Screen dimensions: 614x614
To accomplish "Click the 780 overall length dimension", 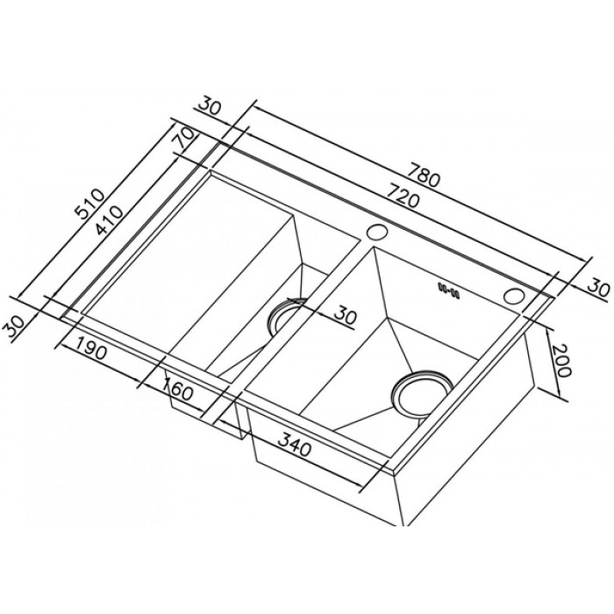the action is pos(424,175).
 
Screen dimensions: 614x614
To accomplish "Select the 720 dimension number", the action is pos(402,196).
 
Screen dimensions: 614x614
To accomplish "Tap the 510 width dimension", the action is pos(90,203).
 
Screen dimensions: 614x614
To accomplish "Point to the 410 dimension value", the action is pos(110,220).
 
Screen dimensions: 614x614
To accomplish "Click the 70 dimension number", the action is pos(185,137).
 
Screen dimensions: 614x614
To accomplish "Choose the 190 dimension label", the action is pos(90,348).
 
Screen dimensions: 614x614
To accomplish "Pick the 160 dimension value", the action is pos(178,389).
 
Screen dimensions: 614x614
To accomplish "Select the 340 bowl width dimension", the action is pos(294,445).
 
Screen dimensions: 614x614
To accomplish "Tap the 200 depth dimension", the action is pos(560,361).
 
